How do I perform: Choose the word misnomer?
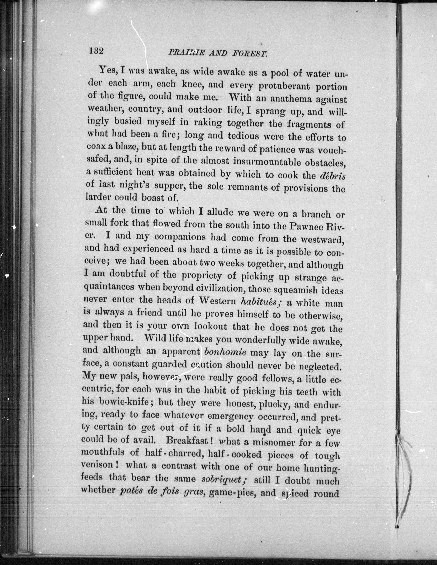[x=273, y=442]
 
